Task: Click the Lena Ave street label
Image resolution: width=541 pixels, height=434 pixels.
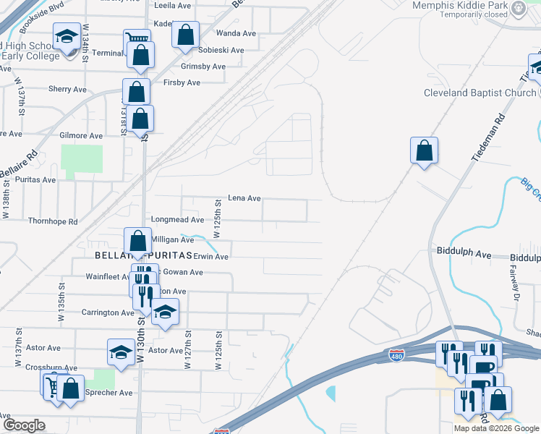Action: click(x=244, y=198)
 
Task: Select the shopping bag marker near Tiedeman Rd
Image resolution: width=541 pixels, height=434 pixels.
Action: click(x=425, y=151)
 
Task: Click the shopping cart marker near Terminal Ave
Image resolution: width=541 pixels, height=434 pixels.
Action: click(x=137, y=39)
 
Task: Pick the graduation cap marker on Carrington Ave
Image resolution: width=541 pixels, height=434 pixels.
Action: click(x=165, y=312)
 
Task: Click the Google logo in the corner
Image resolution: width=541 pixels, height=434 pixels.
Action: click(x=24, y=425)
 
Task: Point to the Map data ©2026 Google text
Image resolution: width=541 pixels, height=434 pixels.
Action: click(x=497, y=428)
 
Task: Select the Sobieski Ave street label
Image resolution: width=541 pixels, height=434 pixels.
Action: click(x=222, y=51)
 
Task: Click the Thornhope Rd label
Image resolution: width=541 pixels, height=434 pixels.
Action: click(x=52, y=221)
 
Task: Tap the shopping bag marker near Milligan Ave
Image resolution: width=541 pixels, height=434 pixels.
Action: click(x=137, y=241)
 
